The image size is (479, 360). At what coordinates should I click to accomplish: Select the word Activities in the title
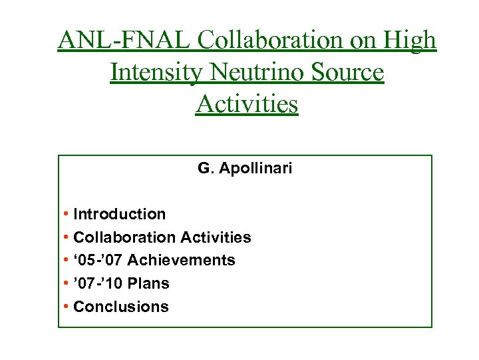[x=247, y=103]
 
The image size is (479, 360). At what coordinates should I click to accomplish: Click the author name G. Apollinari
[x=245, y=169]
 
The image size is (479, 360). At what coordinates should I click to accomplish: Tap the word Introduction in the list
[x=120, y=214]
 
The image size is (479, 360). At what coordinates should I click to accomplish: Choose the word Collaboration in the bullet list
[x=124, y=237]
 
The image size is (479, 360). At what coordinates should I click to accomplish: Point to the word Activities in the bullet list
[x=216, y=237]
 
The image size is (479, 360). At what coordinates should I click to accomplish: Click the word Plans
[x=148, y=283]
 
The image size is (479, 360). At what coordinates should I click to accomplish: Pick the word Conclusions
[x=121, y=307]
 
